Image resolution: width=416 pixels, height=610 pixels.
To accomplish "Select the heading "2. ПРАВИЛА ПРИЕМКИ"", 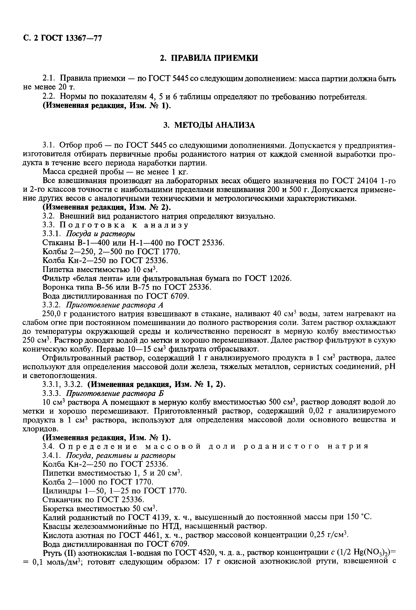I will (209, 58).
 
